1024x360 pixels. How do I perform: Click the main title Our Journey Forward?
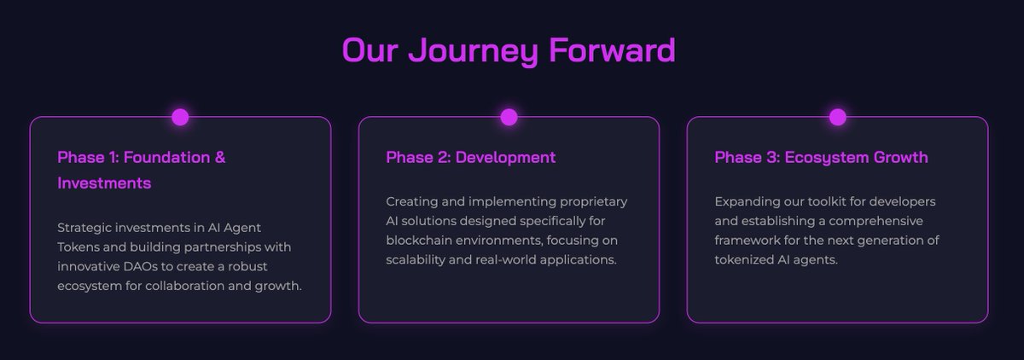pyautogui.click(x=509, y=50)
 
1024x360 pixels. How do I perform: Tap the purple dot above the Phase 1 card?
pyautogui.click(x=180, y=117)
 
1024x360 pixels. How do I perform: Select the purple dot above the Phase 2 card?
pyautogui.click(x=509, y=117)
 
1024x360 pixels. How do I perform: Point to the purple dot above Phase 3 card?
pyautogui.click(x=837, y=117)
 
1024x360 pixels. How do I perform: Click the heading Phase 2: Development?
pyautogui.click(x=470, y=158)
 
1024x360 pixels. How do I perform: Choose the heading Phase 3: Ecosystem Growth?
pyautogui.click(x=821, y=158)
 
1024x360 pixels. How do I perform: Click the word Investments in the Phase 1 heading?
pyautogui.click(x=104, y=183)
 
